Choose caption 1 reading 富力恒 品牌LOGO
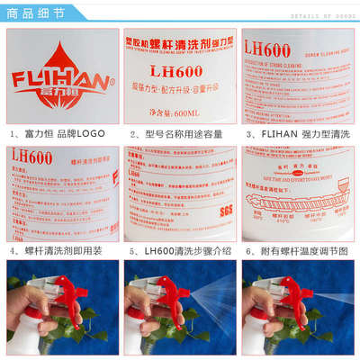point(59,133)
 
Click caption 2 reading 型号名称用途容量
point(181,133)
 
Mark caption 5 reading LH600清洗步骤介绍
point(181,249)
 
